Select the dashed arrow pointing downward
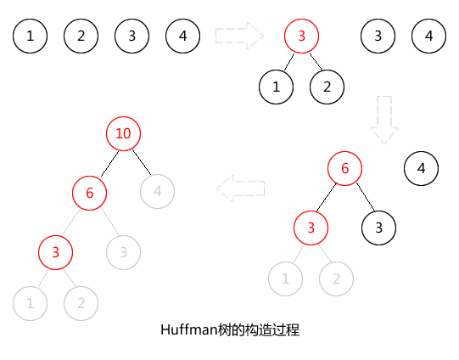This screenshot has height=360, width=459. point(384,120)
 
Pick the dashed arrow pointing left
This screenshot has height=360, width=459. point(241,188)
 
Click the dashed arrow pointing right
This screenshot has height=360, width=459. point(239,36)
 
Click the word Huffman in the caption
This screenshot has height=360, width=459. point(189,329)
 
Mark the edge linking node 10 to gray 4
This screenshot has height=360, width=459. point(142,162)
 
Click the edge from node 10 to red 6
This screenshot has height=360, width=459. point(109,164)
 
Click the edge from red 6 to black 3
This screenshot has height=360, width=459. point(366,197)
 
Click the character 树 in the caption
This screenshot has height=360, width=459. point(225,329)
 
